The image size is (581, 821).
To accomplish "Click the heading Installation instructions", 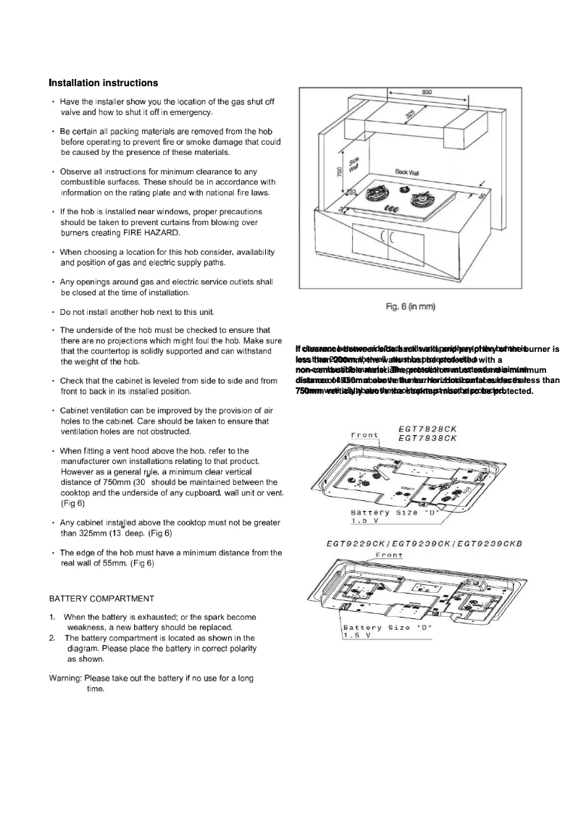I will (102, 83).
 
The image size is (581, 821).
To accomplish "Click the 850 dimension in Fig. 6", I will (427, 92).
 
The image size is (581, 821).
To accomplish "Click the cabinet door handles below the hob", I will (387, 237).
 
